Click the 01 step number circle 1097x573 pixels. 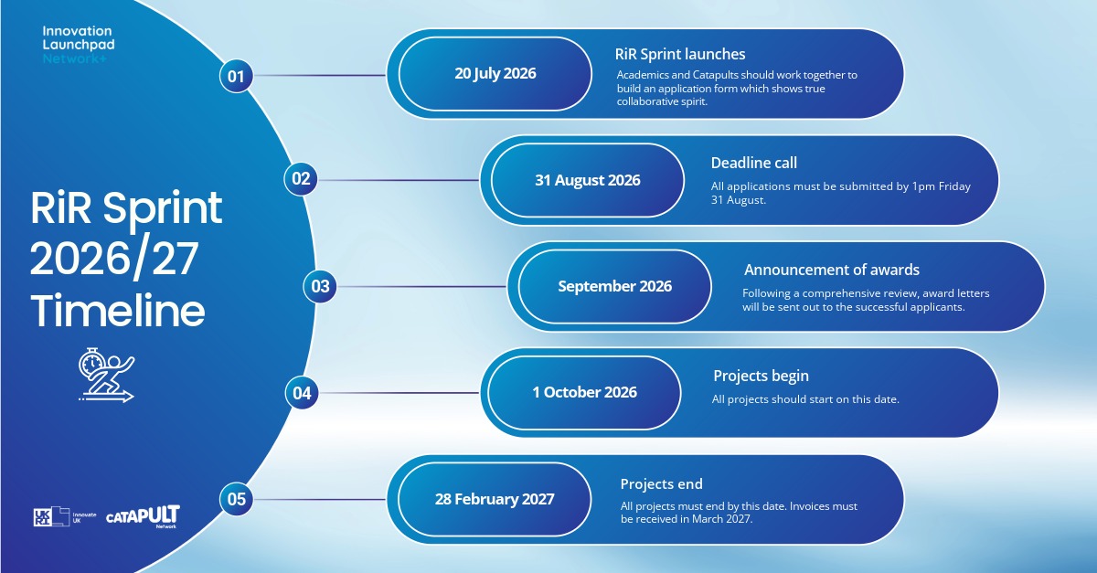point(236,76)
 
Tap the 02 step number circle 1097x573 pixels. point(301,179)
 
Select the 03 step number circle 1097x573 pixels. point(320,286)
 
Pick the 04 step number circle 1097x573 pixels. point(302,393)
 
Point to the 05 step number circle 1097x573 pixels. point(236,499)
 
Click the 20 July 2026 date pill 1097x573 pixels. point(495,74)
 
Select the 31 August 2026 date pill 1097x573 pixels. point(587,180)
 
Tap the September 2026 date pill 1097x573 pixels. point(614,287)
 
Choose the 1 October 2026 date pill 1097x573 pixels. point(584,393)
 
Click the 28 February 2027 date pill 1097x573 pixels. point(495,500)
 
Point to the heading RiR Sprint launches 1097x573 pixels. point(680,54)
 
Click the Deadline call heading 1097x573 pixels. point(753,163)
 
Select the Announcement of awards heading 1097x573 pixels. point(832,270)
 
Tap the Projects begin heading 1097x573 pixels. point(761,377)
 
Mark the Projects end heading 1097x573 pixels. point(661,483)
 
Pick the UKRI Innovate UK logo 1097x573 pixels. point(65,516)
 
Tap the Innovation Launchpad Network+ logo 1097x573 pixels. point(79,45)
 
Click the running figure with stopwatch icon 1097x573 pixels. point(106,375)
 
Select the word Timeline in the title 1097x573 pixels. point(118,311)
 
